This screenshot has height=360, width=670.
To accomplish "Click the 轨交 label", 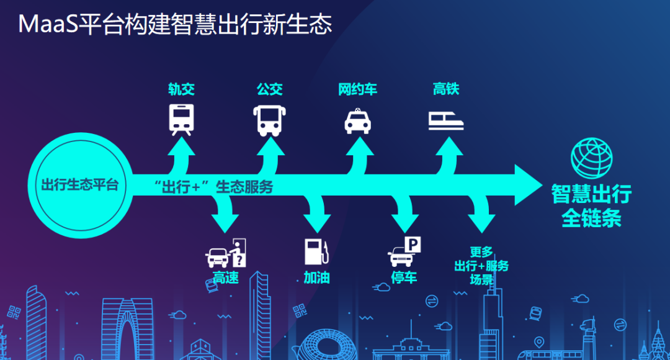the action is tap(181, 89).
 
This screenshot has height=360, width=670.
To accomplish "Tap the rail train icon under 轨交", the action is tap(181, 120).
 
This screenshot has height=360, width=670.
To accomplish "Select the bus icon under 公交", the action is tap(269, 120).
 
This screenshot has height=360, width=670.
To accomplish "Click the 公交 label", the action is tap(270, 89).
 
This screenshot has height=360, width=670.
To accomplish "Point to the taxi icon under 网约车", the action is tap(358, 122).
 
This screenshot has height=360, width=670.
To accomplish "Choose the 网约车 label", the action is tap(358, 89).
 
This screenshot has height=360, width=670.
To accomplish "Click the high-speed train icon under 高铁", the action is tap(446, 120).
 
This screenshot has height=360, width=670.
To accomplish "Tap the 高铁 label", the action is tap(445, 89).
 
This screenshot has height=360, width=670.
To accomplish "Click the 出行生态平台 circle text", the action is tap(80, 185).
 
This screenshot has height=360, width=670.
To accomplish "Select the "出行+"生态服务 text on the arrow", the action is tap(213, 187).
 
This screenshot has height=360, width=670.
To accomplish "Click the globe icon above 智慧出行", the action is tap(591, 158).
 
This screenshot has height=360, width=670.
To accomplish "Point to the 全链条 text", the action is tap(591, 218).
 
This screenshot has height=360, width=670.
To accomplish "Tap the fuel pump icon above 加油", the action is tap(316, 251).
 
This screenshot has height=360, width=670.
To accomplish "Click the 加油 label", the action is tap(316, 278).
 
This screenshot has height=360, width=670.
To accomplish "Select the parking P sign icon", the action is tap(413, 245).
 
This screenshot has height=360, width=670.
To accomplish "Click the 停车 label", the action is tap(404, 278).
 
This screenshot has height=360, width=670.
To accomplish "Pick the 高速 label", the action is tap(226, 278).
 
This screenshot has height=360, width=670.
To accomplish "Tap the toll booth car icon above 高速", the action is tap(226, 253).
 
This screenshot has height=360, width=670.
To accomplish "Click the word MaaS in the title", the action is tap(48, 24).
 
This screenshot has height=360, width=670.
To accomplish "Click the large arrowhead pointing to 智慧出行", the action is tap(529, 185).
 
